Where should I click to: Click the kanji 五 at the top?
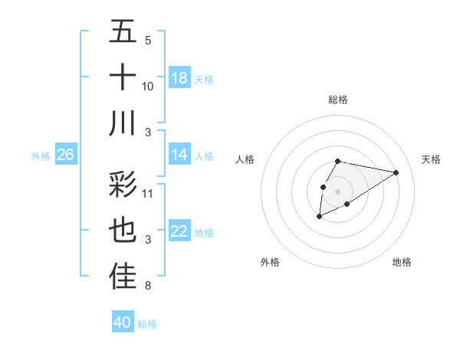point(123,32)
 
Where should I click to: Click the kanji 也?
point(123,231)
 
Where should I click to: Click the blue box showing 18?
point(179,78)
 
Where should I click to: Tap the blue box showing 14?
point(179,155)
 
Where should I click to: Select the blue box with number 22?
point(179,231)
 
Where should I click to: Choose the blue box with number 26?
point(66,155)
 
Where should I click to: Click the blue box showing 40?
point(123,322)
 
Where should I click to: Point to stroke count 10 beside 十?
point(148,87)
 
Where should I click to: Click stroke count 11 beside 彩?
point(148,193)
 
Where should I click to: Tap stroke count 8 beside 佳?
point(148,286)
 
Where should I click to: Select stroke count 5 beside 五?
point(148,41)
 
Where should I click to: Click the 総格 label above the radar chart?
point(338,100)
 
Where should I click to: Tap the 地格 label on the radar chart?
point(402,263)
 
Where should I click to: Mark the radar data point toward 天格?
point(396,172)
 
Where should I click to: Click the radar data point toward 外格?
point(319,218)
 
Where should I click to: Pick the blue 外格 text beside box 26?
point(41,155)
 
